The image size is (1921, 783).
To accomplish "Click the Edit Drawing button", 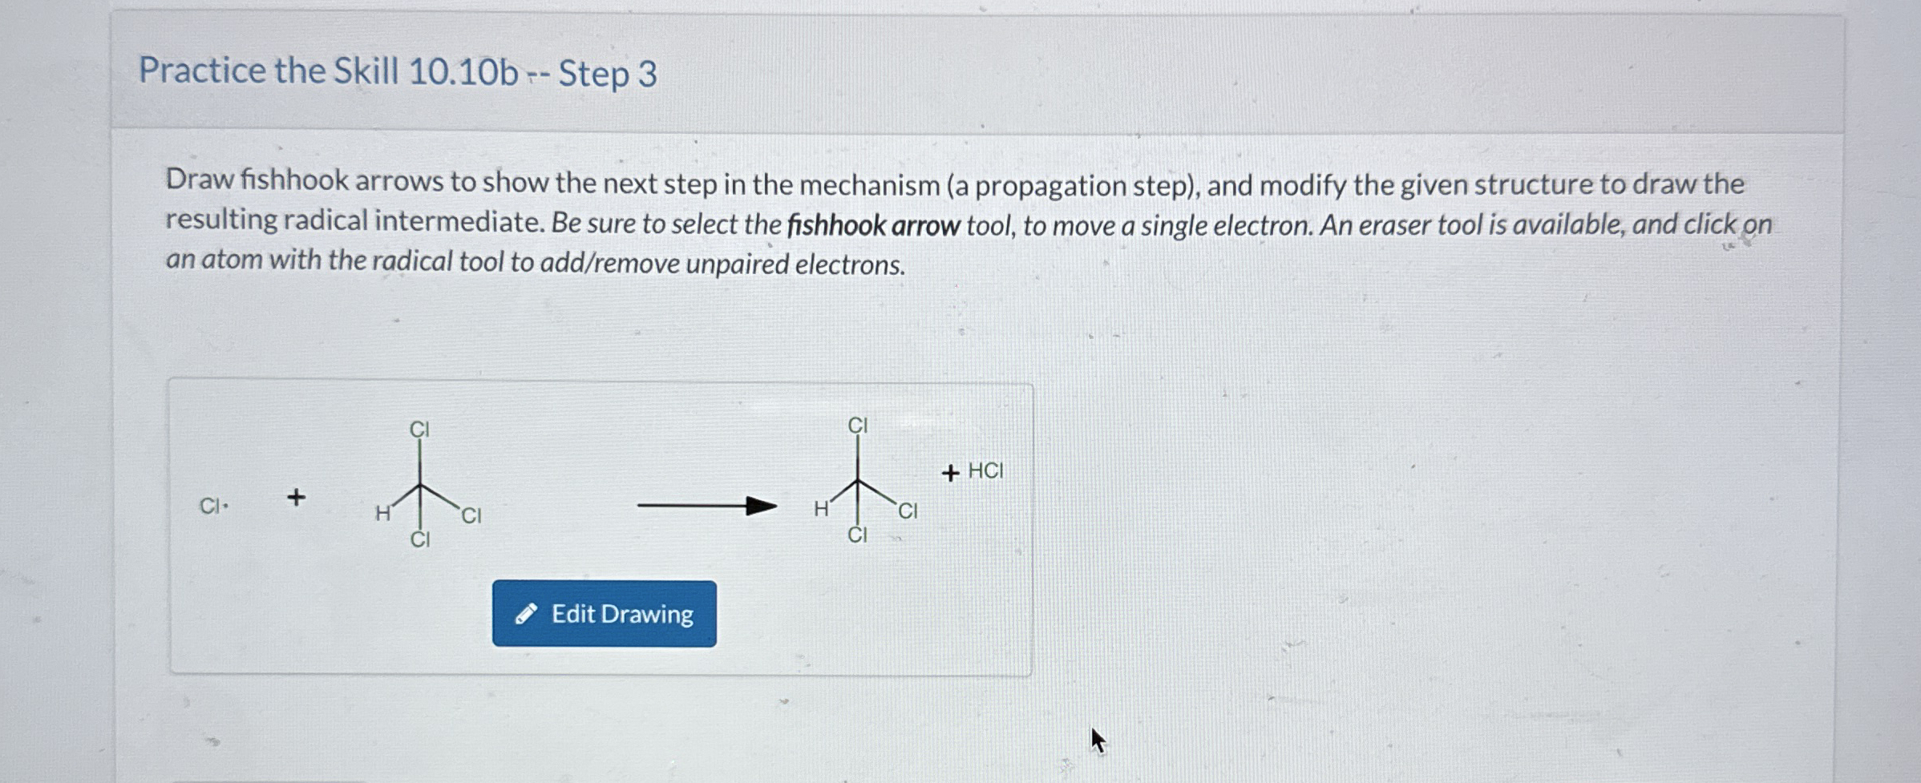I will tap(604, 614).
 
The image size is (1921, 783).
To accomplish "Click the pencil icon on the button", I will tap(525, 615).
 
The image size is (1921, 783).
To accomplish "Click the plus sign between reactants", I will tap(296, 497).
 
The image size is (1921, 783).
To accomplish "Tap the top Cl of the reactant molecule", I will tap(419, 430).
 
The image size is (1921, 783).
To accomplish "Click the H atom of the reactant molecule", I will tap(383, 514).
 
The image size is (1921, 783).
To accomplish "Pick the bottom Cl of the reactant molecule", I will tap(420, 540).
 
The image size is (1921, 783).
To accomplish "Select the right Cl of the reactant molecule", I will tap(471, 515).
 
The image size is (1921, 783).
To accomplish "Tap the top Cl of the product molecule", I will tap(858, 426).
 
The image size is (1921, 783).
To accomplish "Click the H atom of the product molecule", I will tap(821, 509).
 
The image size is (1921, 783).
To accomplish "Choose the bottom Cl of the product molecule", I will tap(857, 535).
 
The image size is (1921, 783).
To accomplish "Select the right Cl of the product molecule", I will tap(908, 511).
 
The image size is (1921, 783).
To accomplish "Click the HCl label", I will tap(985, 470).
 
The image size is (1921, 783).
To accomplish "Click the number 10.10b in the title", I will tap(463, 72).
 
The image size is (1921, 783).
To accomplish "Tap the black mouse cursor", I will tap(1097, 740).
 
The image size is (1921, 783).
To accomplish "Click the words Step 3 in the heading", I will tap(608, 74).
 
